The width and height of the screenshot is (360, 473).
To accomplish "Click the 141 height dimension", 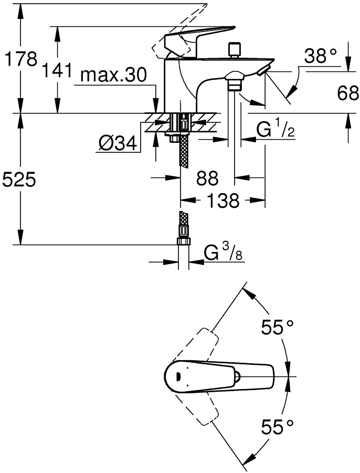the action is (57, 71).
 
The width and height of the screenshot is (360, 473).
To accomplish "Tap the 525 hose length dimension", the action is (19, 180).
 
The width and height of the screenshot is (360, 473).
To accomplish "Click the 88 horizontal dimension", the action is (207, 178).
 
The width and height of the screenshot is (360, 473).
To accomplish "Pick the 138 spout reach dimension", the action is (224, 201).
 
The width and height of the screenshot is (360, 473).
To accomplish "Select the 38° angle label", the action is (320, 56).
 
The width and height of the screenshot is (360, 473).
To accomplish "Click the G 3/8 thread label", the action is (223, 251).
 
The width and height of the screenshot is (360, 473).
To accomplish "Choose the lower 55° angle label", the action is (277, 427).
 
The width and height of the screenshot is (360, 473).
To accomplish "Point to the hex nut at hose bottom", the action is (183, 241).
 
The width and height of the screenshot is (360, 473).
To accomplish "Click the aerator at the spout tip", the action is (264, 69).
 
